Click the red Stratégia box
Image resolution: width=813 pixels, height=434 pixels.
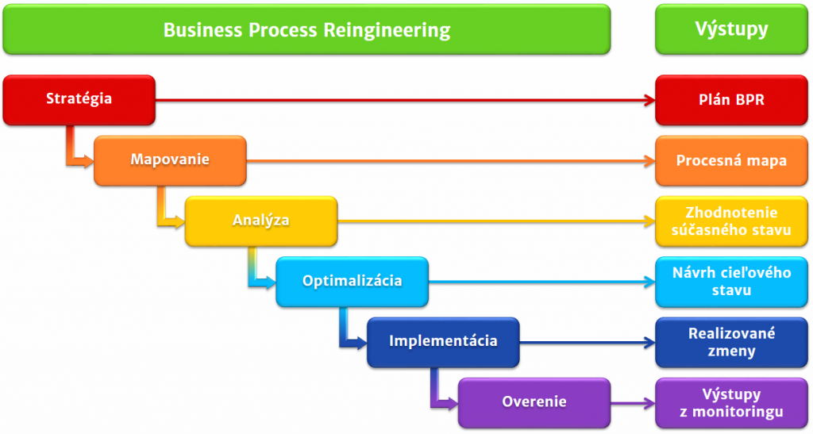click(79, 100)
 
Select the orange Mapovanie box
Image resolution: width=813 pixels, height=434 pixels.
click(170, 160)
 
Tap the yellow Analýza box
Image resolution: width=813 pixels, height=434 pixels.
click(261, 221)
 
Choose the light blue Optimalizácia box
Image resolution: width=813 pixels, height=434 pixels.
click(352, 282)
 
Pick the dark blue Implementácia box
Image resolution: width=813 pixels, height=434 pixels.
click(443, 342)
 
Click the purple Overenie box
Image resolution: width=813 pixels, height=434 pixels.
click(534, 403)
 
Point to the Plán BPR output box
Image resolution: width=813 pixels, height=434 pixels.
click(731, 100)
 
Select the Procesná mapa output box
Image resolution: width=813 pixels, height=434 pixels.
click(731, 160)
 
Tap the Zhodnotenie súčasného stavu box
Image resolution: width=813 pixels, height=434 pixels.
click(731, 221)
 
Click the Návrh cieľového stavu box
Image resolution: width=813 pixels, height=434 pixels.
click(731, 282)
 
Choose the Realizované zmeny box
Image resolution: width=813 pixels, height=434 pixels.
click(731, 342)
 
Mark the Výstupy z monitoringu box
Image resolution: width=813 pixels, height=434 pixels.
click(731, 403)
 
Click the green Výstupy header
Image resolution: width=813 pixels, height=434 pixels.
click(731, 29)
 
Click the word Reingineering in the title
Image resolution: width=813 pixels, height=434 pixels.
click(387, 31)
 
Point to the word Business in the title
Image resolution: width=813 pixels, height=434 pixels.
click(203, 30)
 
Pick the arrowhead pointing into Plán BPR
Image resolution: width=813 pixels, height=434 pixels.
click(649, 100)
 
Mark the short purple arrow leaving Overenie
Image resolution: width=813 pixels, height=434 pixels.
click(633, 403)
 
